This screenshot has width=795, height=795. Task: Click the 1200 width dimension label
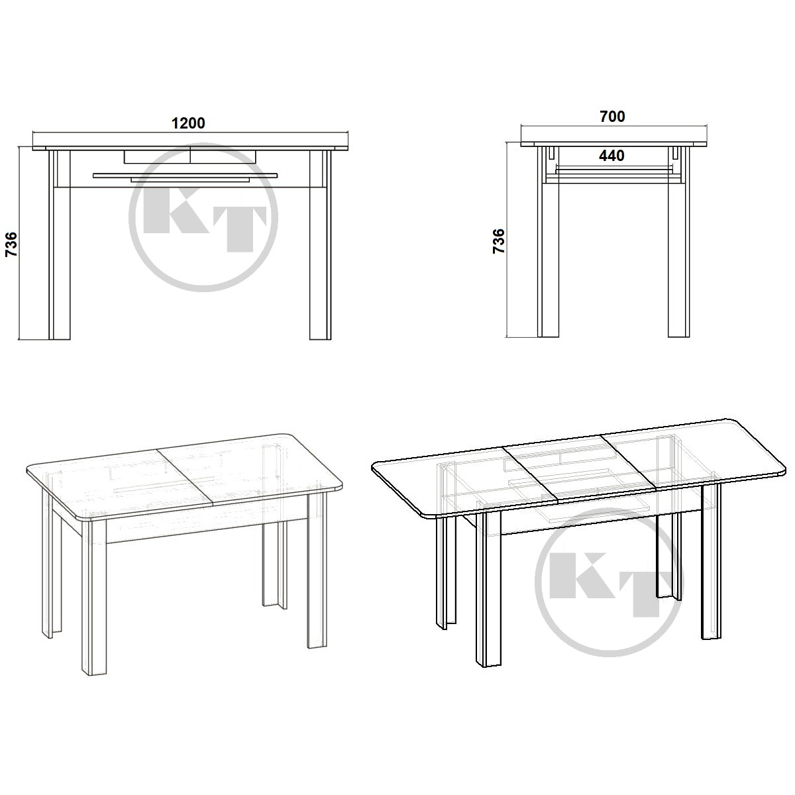[x=188, y=123]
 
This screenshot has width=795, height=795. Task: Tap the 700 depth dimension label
[x=612, y=117]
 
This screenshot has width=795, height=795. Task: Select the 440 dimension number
[x=611, y=156]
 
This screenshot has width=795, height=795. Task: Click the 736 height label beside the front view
[x=11, y=244]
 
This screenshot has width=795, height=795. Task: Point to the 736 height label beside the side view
[x=499, y=241]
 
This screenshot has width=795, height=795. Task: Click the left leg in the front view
[x=60, y=244]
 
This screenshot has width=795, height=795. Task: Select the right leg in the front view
[x=320, y=244]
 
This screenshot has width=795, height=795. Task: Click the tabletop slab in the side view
[x=614, y=144]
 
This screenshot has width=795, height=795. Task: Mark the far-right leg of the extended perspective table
[x=711, y=562]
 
